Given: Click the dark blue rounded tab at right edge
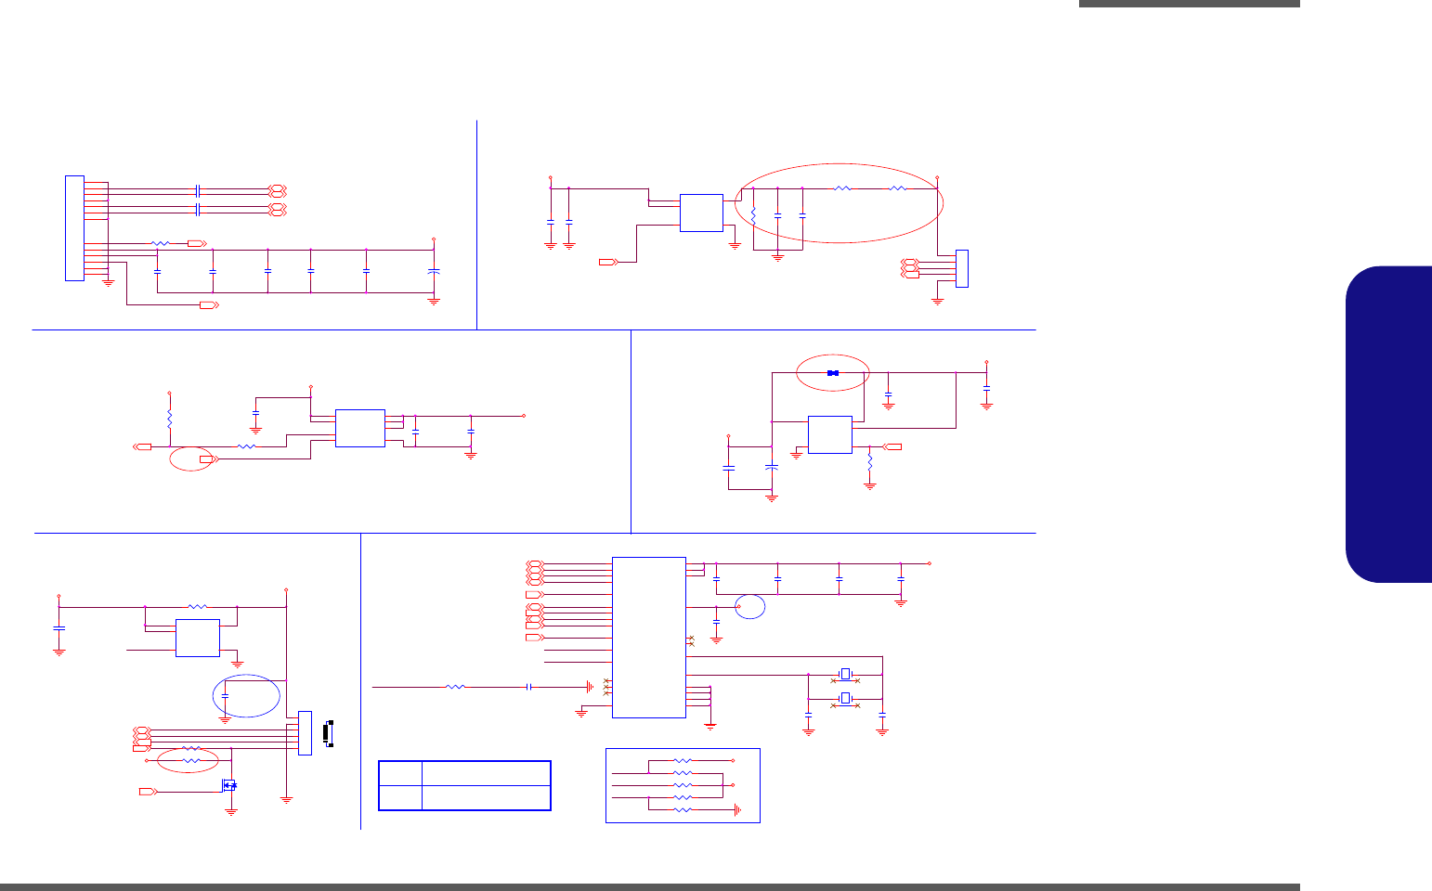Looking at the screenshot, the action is [x=1388, y=424].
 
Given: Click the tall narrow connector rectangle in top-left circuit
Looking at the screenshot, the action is [x=74, y=227].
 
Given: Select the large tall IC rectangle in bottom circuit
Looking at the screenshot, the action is [x=649, y=637].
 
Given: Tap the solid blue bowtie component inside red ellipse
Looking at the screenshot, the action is [x=833, y=373].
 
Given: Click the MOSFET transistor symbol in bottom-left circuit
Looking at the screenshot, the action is [x=229, y=785].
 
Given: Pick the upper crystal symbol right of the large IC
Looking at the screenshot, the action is [x=845, y=674].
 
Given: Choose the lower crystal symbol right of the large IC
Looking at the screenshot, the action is [x=845, y=698].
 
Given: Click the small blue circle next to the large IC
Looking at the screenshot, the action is [x=750, y=606].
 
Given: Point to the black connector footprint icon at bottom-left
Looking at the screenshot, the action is [x=326, y=732].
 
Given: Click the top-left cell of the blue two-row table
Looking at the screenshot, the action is [x=400, y=773].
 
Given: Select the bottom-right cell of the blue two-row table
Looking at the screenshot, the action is [x=486, y=797].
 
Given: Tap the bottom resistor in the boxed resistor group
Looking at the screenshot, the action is [x=683, y=810].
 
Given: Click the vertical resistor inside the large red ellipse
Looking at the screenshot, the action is [x=753, y=215].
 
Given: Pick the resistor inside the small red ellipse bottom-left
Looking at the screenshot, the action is [x=190, y=760].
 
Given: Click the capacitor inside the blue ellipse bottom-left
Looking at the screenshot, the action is [x=225, y=695].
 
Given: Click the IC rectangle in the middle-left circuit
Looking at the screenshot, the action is [x=359, y=428].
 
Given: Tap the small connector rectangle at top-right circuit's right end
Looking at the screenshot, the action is [x=961, y=268].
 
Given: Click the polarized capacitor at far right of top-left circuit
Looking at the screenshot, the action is [x=434, y=271].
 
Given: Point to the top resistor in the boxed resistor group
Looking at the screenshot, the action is [x=683, y=760].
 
